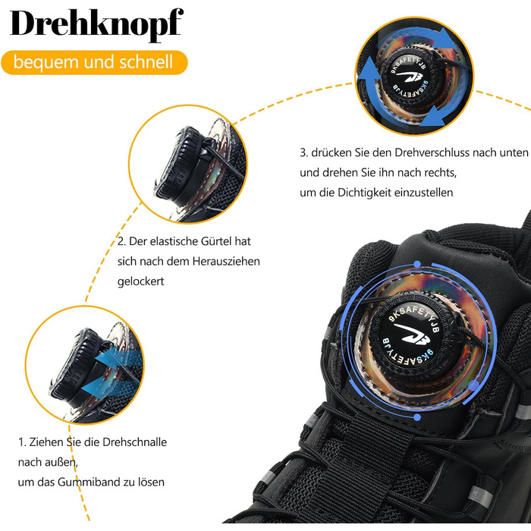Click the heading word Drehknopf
[97, 24]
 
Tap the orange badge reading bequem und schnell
[94, 62]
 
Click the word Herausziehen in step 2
[226, 262]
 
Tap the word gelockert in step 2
[141, 281]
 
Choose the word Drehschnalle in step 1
[135, 442]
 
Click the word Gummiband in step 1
[89, 482]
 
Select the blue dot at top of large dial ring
[417, 264]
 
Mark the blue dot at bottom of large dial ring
[417, 417]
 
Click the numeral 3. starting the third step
[303, 152]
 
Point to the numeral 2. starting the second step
[121, 241]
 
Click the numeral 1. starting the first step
[22, 442]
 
